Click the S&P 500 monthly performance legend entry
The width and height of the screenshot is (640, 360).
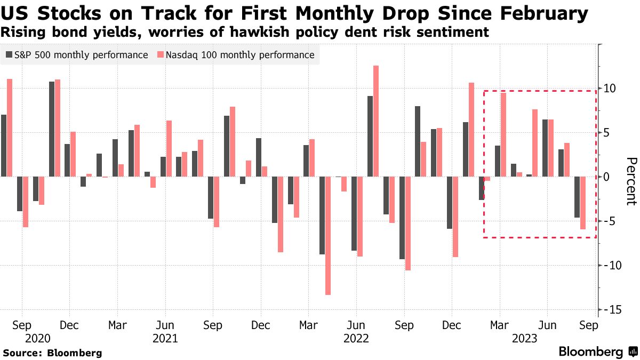click(77, 55)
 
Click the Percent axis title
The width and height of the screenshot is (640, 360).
click(631, 181)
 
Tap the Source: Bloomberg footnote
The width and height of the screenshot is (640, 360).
click(52, 353)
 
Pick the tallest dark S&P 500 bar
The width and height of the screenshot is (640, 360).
click(52, 129)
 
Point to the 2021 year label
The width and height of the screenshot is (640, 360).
click(165, 338)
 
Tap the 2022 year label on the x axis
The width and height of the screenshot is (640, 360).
click(356, 338)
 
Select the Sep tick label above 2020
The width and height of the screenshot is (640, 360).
click(22, 325)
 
